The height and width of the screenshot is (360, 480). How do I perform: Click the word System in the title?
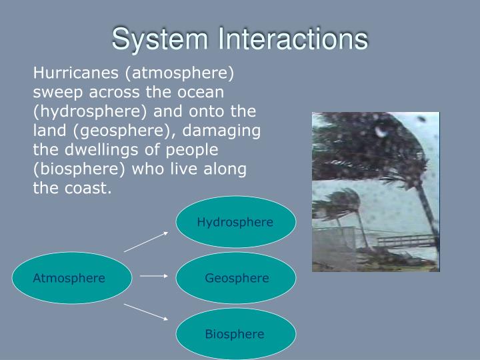[151, 39]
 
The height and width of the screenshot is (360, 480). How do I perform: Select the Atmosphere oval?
[69, 278]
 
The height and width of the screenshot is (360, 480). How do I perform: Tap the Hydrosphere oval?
[235, 222]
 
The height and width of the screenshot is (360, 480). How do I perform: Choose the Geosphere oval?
[236, 278]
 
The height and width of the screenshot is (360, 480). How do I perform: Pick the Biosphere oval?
[235, 334]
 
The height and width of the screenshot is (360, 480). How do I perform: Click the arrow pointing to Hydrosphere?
[146, 241]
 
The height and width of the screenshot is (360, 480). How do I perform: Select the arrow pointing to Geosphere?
[154, 275]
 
